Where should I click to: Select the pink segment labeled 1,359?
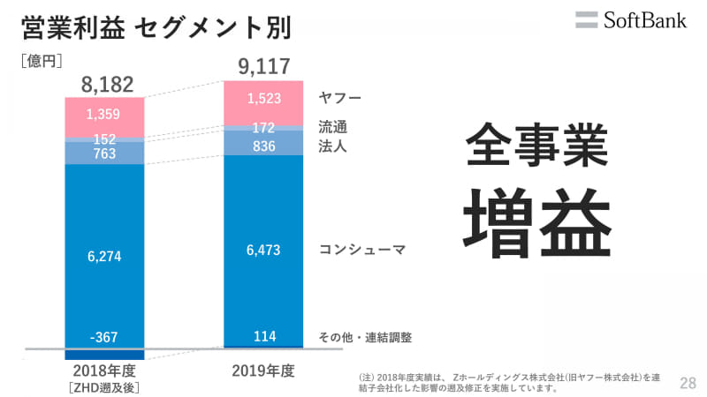tap(104, 115)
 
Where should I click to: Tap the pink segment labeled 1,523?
tap(263, 98)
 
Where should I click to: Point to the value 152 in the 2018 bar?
tap(104, 139)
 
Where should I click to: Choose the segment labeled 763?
tap(104, 154)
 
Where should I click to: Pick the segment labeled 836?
tap(263, 145)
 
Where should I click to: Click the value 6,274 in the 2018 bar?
tap(104, 256)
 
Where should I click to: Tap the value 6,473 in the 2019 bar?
tap(263, 250)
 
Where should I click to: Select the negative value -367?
tap(104, 337)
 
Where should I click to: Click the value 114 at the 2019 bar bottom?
tap(263, 336)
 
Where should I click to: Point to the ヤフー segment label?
tap(340, 97)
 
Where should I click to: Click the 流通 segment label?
tap(332, 127)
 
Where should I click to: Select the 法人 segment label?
tap(332, 146)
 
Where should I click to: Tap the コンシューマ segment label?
tap(362, 250)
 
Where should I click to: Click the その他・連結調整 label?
tap(365, 337)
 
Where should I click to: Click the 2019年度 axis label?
tap(263, 369)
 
